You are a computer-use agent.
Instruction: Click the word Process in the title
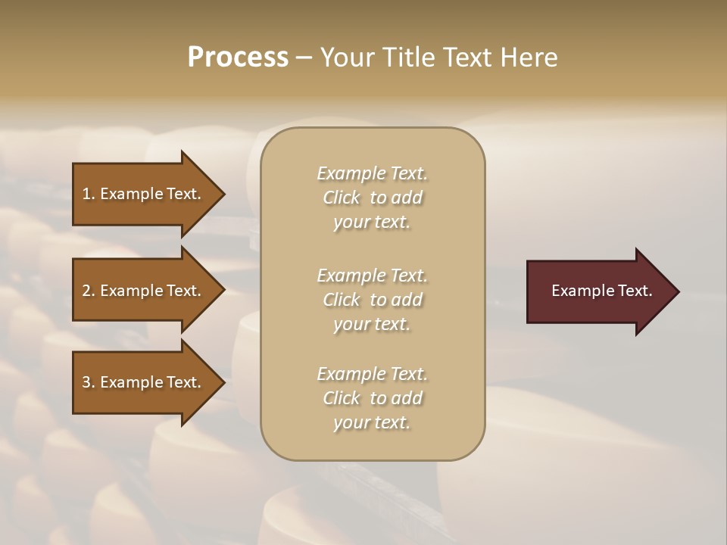click(238, 58)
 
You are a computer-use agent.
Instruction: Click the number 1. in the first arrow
click(89, 194)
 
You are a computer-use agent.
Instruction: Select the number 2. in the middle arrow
click(89, 291)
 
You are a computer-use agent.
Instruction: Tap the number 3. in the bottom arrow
click(89, 382)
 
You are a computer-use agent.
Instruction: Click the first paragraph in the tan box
click(372, 198)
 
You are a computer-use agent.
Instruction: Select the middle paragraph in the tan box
click(372, 300)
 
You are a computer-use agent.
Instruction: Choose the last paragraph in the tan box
click(372, 398)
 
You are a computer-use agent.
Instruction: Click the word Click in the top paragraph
click(342, 198)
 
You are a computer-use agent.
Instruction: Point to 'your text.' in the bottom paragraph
click(372, 423)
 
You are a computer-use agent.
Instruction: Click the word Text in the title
click(466, 58)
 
